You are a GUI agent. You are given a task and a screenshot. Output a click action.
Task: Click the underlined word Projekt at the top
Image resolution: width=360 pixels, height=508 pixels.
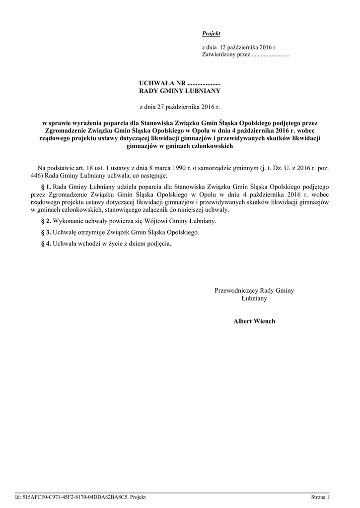coord(211,33)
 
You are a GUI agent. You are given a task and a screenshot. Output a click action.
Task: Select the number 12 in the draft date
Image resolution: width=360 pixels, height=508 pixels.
coord(223,47)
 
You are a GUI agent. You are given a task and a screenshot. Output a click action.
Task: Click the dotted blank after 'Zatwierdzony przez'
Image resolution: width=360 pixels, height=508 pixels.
coord(271,55)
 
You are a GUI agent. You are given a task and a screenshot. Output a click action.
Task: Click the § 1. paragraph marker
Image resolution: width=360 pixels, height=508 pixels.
coord(46,187)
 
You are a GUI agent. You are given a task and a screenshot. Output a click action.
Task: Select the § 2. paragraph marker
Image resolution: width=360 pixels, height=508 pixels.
coord(46,221)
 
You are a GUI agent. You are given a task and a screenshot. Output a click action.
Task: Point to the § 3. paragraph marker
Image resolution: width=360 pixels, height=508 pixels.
coord(46,232)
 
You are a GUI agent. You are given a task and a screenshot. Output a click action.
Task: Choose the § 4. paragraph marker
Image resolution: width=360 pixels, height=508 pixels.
coord(46,244)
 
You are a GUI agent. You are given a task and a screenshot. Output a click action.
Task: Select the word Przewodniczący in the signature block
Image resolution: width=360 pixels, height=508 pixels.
coord(236,291)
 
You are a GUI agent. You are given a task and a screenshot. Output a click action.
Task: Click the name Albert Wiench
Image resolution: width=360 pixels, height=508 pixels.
coord(254,321)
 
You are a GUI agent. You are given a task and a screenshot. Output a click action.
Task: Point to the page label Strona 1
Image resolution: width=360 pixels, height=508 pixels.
coord(320,497)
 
